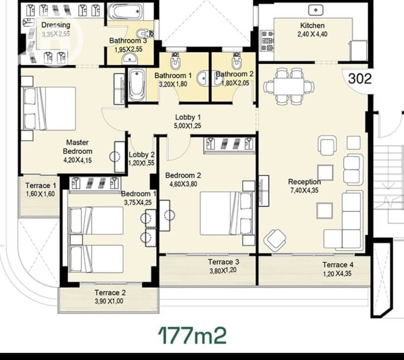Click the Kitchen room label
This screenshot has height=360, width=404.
312,25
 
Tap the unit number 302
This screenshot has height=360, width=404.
360,78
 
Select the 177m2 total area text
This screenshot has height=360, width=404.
192,335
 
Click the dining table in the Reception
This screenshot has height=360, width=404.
289,86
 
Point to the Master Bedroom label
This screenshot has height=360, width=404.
77,147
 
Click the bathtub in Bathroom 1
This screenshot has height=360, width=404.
137,85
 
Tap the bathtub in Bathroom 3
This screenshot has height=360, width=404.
125,12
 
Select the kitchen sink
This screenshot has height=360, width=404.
316,10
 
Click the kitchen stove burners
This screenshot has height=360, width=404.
266,41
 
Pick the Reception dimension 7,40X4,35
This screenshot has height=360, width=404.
304,191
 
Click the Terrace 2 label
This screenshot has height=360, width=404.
110,292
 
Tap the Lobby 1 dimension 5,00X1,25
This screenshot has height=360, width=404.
188,126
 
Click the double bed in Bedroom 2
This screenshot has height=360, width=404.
226,213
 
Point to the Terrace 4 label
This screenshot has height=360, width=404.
338,264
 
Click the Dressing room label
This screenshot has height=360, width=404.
56,25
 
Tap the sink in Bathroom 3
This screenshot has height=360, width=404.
130,59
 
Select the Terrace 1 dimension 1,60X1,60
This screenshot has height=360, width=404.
40,194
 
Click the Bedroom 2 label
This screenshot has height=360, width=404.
183,175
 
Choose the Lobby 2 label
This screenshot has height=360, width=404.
142,155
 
